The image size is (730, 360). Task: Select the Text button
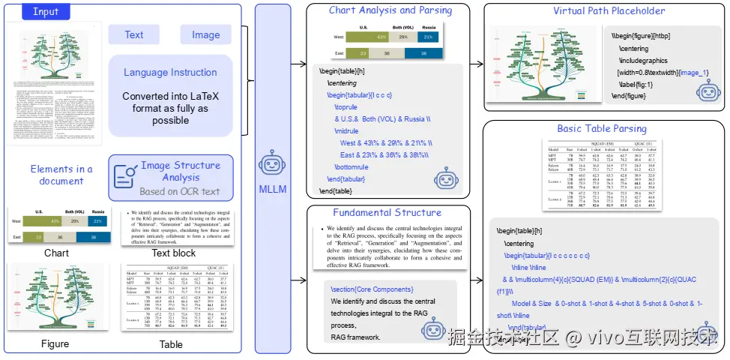(x=134, y=34)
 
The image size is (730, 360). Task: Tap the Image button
(x=205, y=34)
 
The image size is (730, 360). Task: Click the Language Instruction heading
(x=170, y=73)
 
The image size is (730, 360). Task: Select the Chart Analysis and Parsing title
(x=390, y=10)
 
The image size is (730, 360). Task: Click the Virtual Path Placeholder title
(x=609, y=11)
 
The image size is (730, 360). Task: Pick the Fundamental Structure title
(x=387, y=213)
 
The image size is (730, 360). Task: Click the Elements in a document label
(x=61, y=175)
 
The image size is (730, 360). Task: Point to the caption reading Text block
(x=174, y=253)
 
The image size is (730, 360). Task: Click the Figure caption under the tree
(x=55, y=344)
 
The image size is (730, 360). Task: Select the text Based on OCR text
(x=180, y=191)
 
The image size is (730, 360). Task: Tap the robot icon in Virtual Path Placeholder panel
(x=708, y=92)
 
